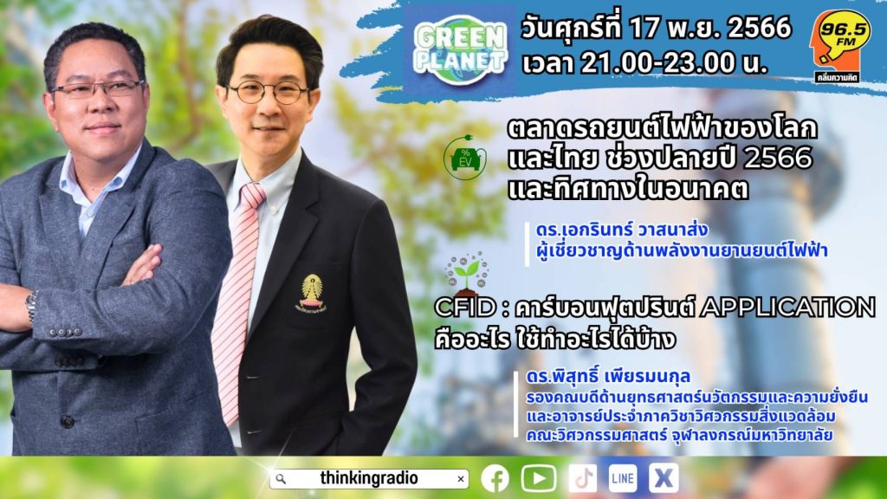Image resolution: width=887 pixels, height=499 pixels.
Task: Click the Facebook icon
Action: click(495, 478)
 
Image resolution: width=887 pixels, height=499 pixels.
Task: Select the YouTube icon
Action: click(539, 478)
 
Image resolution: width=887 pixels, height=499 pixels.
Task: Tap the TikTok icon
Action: click(582, 478)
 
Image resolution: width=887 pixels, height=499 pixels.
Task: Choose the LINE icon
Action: click(623, 478)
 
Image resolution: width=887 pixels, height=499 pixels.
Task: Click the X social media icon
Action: click(664, 478)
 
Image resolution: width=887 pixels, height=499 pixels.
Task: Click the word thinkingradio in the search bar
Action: click(369, 478)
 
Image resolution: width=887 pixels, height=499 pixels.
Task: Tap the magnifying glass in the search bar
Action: click(281, 479)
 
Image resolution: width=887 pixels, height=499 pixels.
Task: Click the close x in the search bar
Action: click(461, 479)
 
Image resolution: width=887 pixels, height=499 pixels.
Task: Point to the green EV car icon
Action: click(465, 158)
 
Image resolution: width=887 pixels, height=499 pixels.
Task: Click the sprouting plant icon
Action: click(467, 273)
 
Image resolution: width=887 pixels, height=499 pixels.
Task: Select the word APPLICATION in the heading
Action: click(787, 308)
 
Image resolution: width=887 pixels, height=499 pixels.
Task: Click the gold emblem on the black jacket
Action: click(312, 293)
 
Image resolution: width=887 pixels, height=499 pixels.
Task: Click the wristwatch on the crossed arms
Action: click(31, 307)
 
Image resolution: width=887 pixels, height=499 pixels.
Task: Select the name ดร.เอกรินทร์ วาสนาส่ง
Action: click(622, 230)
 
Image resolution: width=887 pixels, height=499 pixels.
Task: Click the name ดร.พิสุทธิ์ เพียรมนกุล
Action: click(608, 377)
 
